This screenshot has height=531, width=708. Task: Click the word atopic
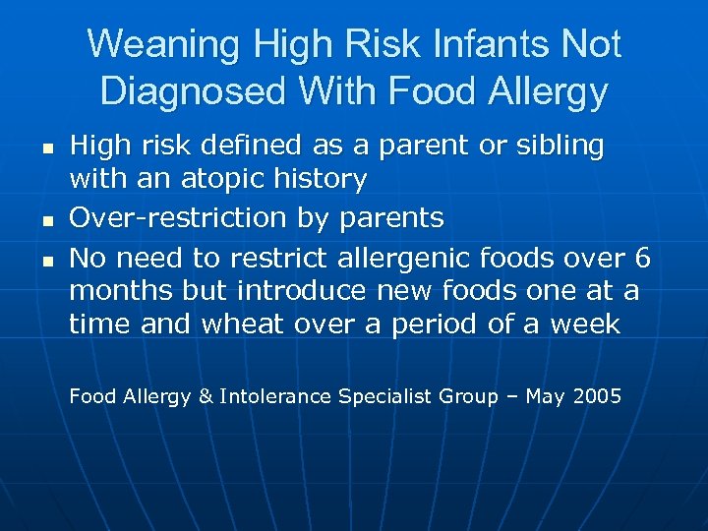pos(235,180)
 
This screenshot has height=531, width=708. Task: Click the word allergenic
pos(406,258)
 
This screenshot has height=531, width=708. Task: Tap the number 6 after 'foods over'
pos(643,258)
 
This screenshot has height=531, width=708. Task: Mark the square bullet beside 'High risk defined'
pos(47,148)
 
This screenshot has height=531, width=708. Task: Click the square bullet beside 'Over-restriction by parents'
pos(47,218)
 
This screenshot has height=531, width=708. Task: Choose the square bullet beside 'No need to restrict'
pos(47,261)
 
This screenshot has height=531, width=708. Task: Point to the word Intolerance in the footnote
pos(275,397)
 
